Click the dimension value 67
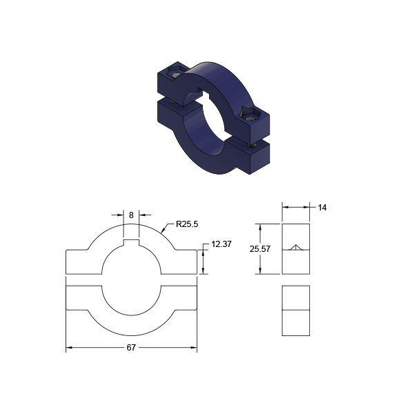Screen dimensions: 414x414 coord(131,348)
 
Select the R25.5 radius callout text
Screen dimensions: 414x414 coord(187,224)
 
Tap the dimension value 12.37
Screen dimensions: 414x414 coord(221,244)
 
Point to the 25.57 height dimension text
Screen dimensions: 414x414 coord(260,249)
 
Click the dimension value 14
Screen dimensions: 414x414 coord(322,208)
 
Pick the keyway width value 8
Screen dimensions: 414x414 coord(131,215)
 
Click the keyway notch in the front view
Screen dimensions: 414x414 coord(131,242)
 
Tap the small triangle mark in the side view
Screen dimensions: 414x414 coord(296,248)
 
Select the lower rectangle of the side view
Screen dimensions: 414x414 coord(296,310)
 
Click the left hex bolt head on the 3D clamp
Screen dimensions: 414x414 coord(175,72)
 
